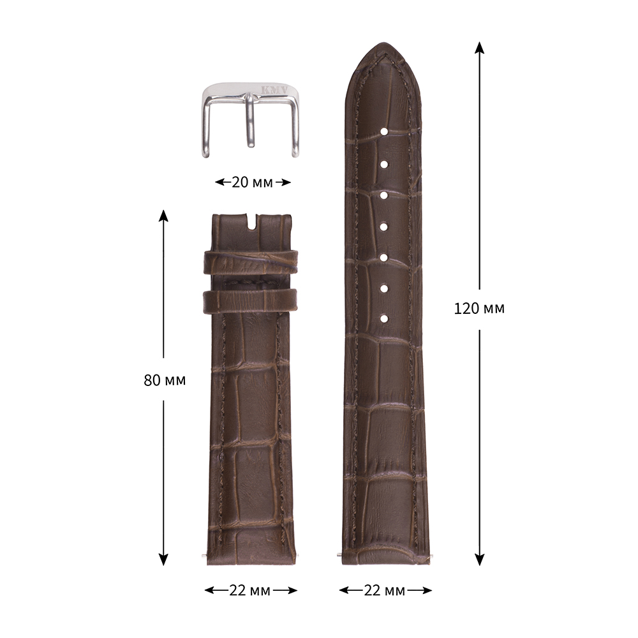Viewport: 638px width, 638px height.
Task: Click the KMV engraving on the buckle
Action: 274,90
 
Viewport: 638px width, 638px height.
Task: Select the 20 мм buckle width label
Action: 252,182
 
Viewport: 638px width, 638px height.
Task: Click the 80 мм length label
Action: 165,380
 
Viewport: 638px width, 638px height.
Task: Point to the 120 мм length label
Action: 479,308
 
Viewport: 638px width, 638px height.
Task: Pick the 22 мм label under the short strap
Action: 250,590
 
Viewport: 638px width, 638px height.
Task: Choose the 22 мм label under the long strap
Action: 385,590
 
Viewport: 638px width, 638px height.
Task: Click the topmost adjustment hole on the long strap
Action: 383,132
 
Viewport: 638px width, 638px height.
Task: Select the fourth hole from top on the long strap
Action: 383,226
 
